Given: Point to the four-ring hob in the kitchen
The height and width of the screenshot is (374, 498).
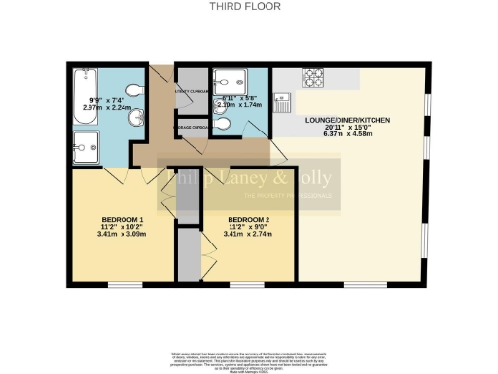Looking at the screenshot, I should point(315,76).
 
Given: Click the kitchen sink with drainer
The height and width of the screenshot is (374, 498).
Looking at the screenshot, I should point(281,99).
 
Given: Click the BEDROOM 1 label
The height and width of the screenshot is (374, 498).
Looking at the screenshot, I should point(123,219).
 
